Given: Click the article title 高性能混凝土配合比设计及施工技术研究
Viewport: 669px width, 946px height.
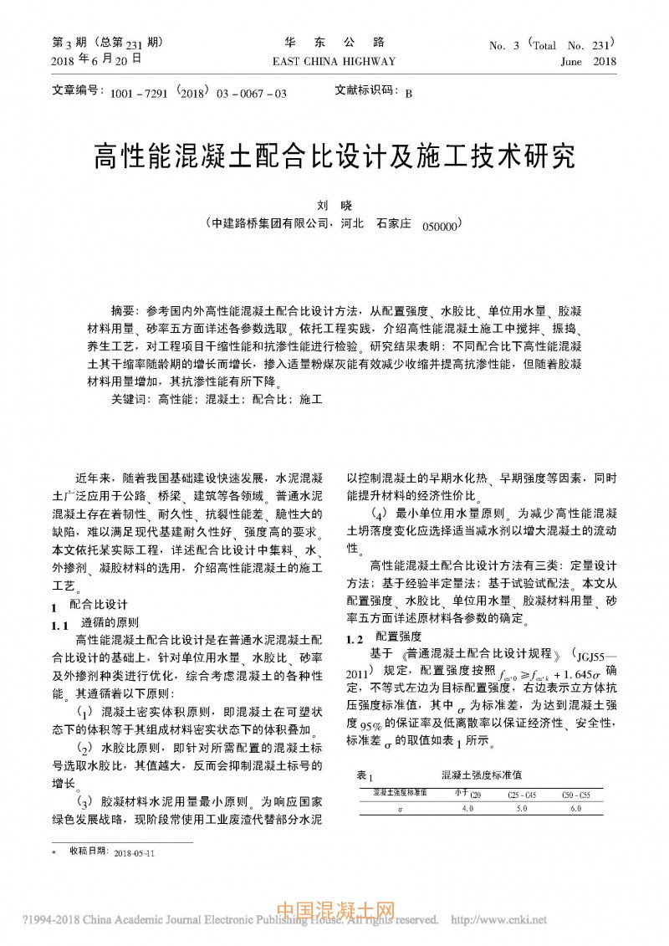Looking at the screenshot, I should coord(334,156).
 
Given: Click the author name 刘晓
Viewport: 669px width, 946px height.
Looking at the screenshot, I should coord(334,205).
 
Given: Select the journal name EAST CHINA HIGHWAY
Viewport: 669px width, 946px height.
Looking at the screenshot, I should coord(334,61).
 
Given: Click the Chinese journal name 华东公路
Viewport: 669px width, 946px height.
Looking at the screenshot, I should coord(334,42).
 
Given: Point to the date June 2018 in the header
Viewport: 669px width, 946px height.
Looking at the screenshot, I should coord(589,61).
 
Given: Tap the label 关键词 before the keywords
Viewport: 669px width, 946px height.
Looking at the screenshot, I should coord(130,400).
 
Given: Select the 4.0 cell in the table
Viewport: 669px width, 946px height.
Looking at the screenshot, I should coord(467,809).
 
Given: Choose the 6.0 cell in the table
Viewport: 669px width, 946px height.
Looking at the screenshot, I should coord(575,809).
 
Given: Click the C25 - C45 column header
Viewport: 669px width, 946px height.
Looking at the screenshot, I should coord(522,794).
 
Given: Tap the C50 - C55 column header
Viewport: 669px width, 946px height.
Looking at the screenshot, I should coord(575,794).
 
